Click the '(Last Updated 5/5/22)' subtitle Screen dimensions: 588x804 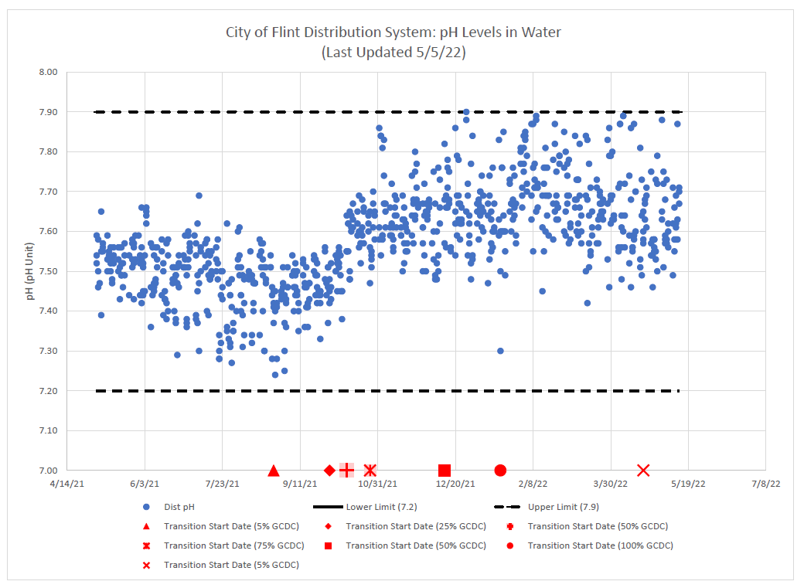click(x=393, y=53)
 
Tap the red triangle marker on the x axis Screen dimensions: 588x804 click(x=273, y=471)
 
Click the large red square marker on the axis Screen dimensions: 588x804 click(x=445, y=471)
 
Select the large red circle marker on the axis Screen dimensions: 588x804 click(x=500, y=471)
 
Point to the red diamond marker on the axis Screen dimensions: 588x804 click(x=329, y=471)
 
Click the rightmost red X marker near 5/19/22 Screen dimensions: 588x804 click(x=643, y=471)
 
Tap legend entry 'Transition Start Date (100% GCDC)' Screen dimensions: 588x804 click(x=600, y=546)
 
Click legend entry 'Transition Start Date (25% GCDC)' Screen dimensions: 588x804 click(x=416, y=526)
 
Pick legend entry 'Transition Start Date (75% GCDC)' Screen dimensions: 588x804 click(x=234, y=546)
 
